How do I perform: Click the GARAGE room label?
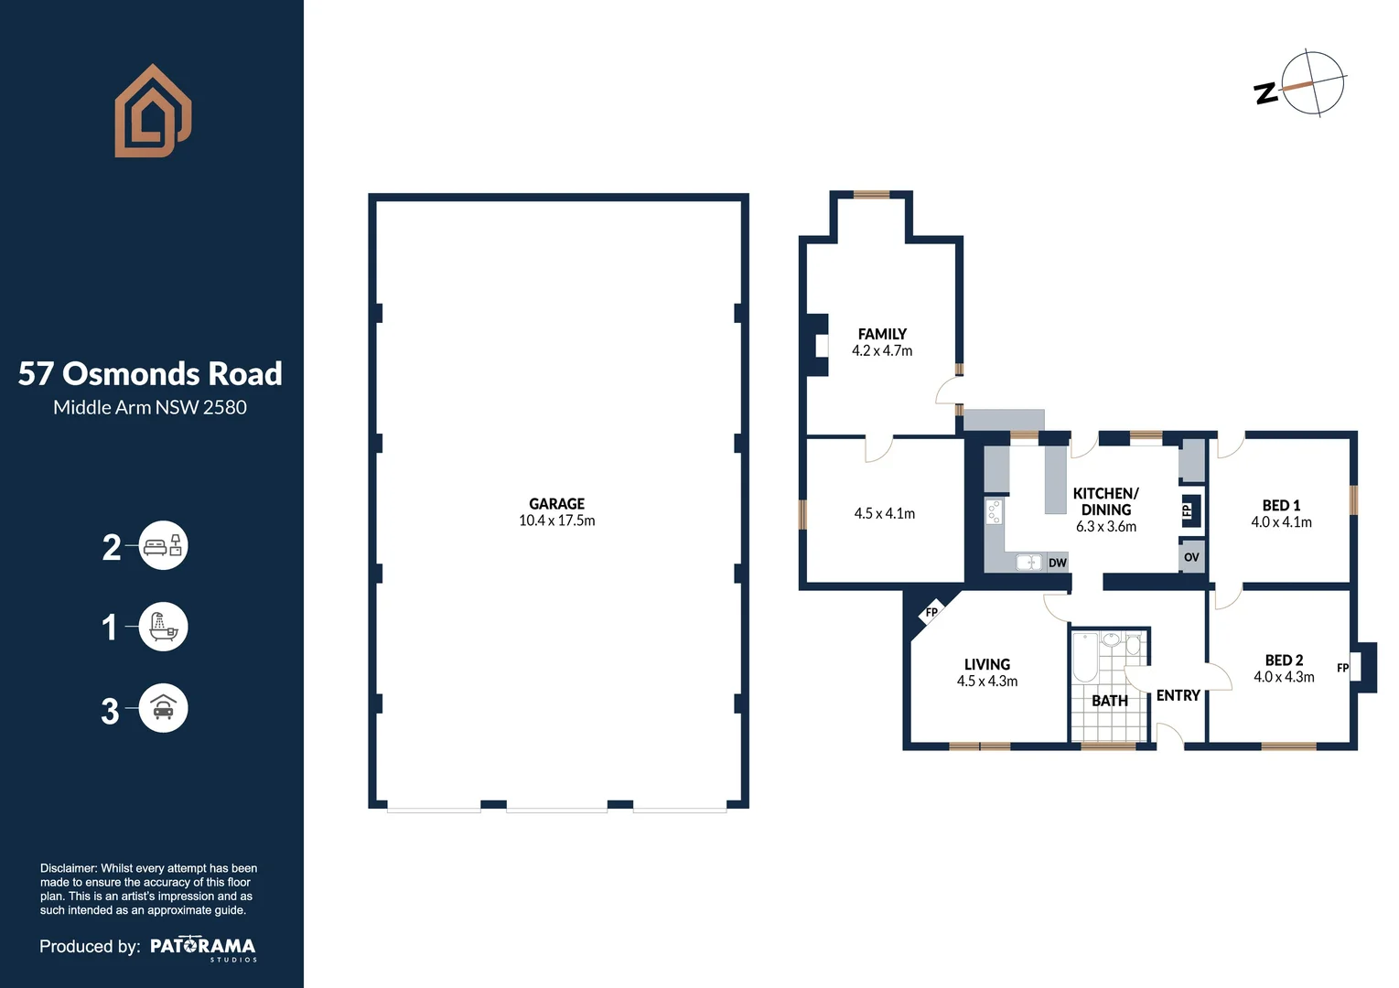(556, 504)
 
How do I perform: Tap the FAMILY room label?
(882, 334)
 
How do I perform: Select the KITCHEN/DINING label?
(1105, 501)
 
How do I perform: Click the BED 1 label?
(1281, 505)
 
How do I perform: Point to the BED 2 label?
(1284, 660)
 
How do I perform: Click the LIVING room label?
(986, 664)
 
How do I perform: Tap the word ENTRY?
(1178, 695)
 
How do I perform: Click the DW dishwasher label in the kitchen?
(1058, 563)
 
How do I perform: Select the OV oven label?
(1191, 557)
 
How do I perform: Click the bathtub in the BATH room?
(1085, 658)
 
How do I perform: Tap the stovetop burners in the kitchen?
(994, 511)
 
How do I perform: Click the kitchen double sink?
(1028, 563)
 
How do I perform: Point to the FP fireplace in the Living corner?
(931, 613)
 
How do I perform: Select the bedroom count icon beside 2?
(163, 546)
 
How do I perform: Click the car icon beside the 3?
(163, 708)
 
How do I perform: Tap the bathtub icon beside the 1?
(163, 628)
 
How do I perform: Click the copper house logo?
(153, 111)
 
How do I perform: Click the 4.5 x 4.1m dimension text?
(884, 513)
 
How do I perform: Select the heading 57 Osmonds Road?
(150, 373)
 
